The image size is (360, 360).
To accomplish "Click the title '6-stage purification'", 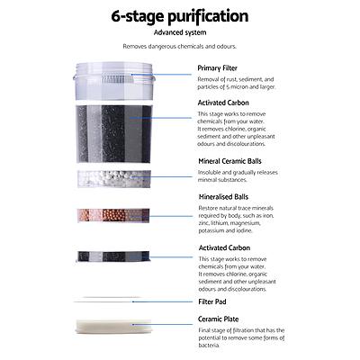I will (x=179, y=16).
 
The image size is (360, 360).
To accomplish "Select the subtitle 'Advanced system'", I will (x=179, y=34).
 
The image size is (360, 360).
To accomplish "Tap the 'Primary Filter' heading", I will (x=223, y=67).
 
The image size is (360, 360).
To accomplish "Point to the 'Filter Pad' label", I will (x=218, y=302).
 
